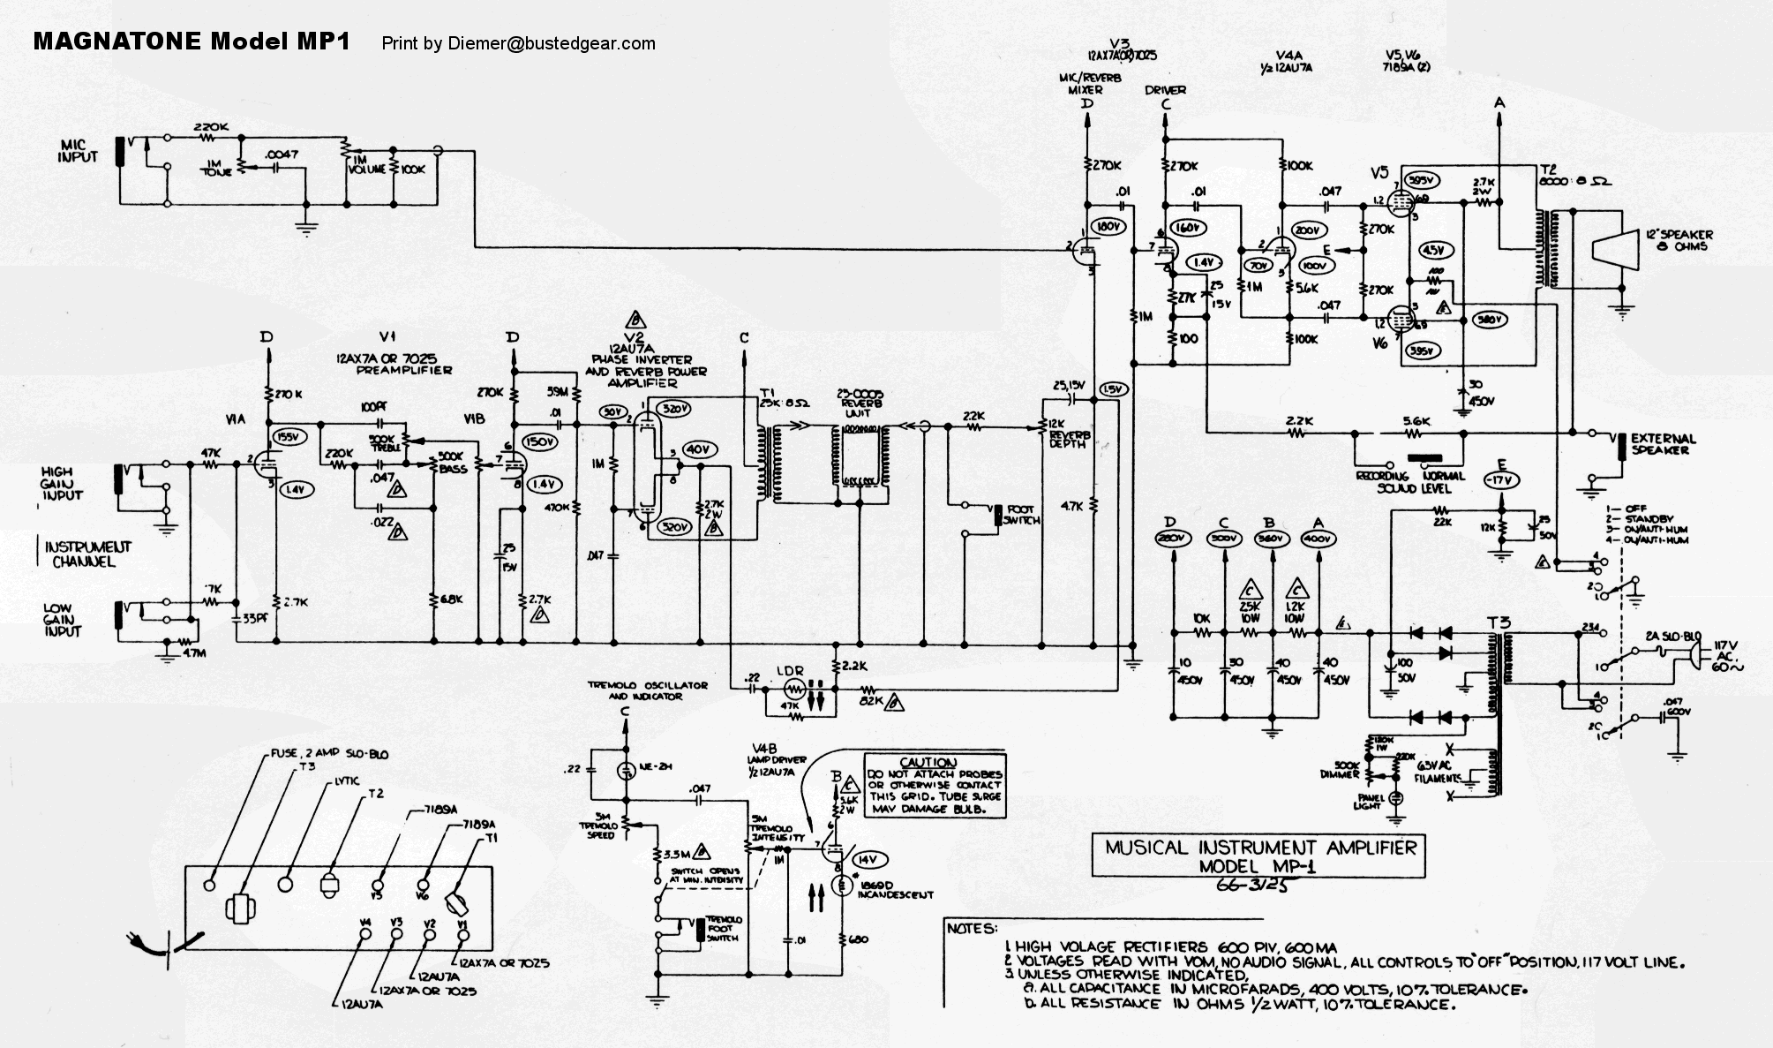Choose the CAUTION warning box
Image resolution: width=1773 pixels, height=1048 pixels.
pyautogui.click(x=933, y=785)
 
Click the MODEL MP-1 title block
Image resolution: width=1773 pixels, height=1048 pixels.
pyautogui.click(x=1258, y=856)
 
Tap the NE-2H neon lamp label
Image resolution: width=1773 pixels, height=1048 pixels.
pyautogui.click(x=657, y=767)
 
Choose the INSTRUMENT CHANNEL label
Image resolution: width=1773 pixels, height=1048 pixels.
pyautogui.click(x=85, y=554)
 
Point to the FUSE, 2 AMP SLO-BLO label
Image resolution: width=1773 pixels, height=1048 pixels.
pyautogui.click(x=327, y=755)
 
